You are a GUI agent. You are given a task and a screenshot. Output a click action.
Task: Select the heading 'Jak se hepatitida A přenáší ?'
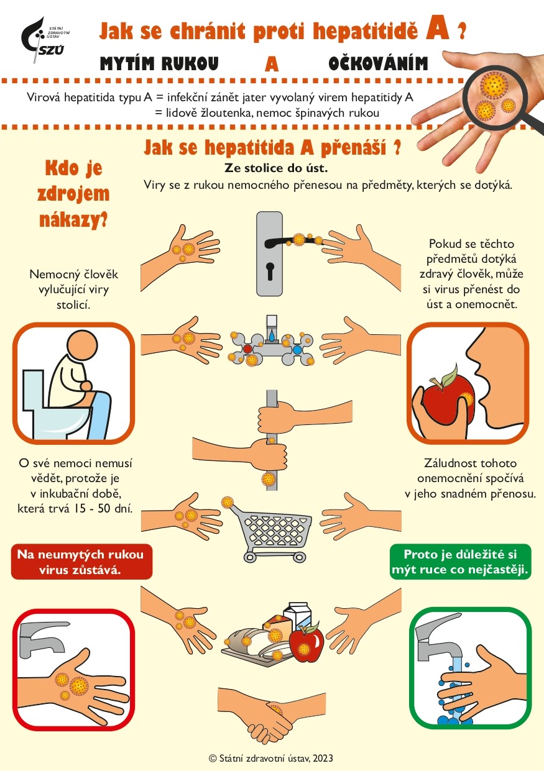(272, 148)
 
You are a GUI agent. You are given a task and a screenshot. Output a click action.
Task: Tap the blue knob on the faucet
(297, 350)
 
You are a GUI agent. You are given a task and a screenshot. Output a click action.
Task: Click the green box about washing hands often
(460, 562)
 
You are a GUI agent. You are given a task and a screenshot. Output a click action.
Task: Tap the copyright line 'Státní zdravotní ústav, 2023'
(272, 757)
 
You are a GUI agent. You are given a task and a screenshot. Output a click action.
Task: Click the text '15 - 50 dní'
(110, 509)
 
